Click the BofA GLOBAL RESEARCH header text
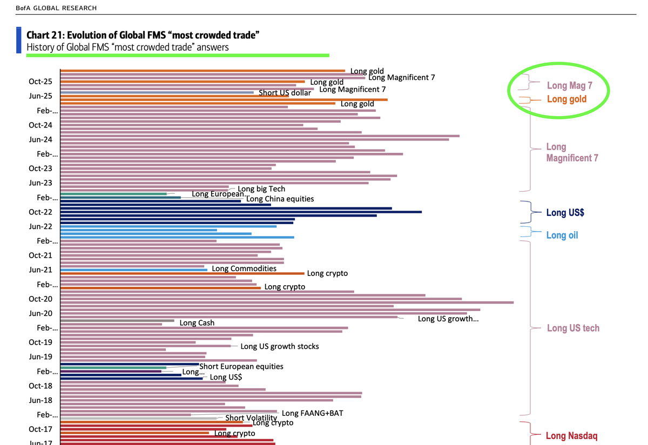pos(57,8)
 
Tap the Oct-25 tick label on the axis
pos(40,82)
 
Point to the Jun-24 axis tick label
pos(40,139)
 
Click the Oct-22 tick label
pos(40,212)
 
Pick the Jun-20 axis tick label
pos(40,313)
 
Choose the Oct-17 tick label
pos(40,429)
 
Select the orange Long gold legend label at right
pos(566,99)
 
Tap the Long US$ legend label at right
pos(565,213)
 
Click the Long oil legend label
pos(562,235)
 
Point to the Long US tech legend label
pos(573,328)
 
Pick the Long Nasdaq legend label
pos(571,436)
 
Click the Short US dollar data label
pos(285,93)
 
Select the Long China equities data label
pos(280,199)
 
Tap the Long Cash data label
pos(197,323)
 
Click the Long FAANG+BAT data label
pos(312,414)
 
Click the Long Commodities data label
pos(244,268)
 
